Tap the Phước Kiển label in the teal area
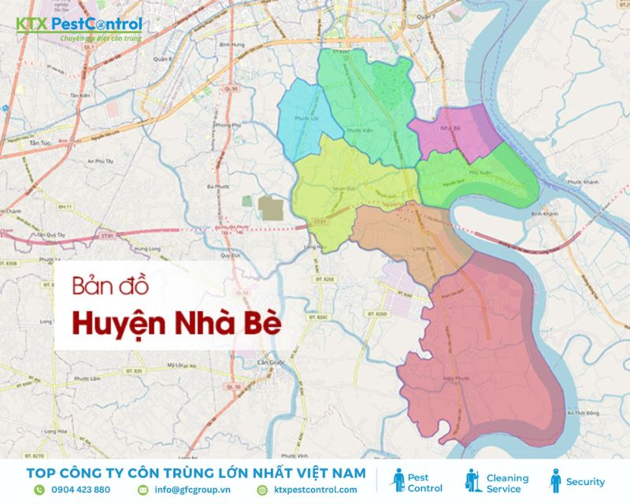pos(361,131)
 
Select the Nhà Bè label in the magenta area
pos(451,127)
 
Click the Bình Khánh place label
pos(544,213)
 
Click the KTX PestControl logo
pos(79,28)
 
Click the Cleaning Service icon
pos(472,481)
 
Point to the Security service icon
pos(555,481)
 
